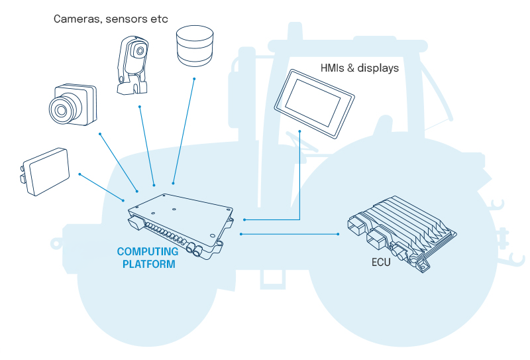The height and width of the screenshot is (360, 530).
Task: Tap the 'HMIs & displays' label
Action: click(360, 68)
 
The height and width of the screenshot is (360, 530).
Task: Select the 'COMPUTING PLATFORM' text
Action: click(147, 258)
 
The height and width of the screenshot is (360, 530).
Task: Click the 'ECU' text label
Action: click(381, 263)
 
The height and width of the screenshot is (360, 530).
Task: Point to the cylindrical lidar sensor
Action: click(194, 46)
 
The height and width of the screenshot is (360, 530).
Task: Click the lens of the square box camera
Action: click(62, 107)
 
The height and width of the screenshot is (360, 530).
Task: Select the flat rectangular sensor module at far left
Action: click(45, 170)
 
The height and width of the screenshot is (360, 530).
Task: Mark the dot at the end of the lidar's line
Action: click(194, 80)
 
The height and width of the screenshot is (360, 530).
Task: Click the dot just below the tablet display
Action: click(300, 131)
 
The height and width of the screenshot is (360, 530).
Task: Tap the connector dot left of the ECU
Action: click(340, 234)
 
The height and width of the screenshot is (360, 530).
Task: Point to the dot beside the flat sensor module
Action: click(79, 174)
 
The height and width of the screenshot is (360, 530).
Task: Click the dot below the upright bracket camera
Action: click(139, 106)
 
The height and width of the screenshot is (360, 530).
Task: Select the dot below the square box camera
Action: click(99, 135)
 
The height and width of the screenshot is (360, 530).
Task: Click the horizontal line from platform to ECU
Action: click(291, 234)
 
